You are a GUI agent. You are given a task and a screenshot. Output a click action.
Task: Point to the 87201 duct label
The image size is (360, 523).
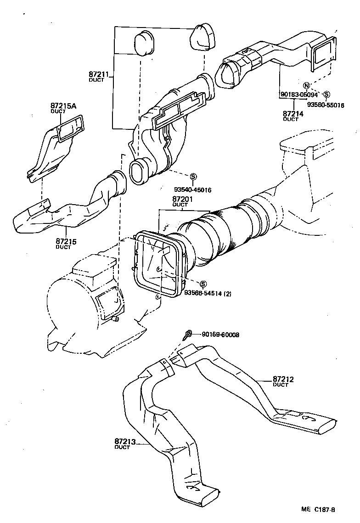[x=182, y=200]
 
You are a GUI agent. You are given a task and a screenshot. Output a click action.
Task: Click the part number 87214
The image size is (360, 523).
[x=293, y=113]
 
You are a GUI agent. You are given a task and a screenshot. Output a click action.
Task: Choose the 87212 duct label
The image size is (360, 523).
[x=283, y=379]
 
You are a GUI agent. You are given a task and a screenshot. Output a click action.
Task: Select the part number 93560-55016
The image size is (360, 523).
[x=326, y=105]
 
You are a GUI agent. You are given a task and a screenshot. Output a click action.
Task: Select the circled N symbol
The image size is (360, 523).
[x=307, y=85]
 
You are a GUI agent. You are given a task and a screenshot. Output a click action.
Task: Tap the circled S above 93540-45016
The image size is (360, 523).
[x=193, y=177]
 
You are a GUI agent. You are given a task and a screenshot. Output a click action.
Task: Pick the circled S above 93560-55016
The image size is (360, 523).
[x=326, y=94]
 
